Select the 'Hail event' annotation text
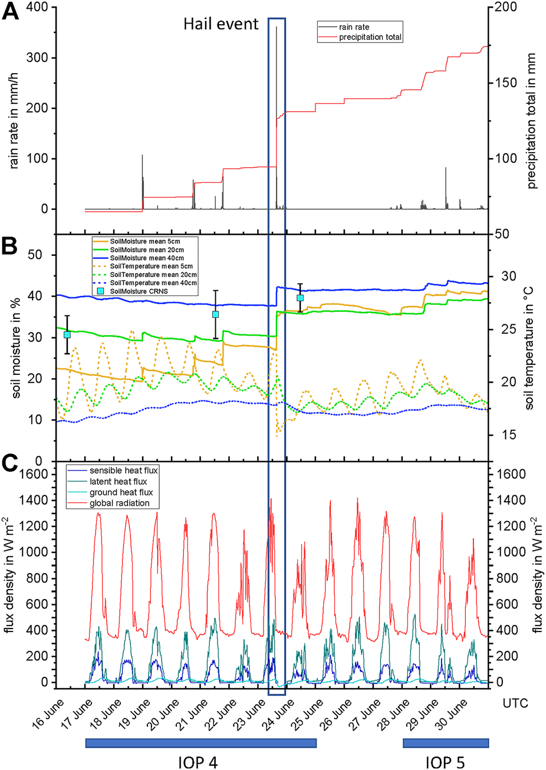(x=221, y=24)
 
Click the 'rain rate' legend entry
(x=354, y=27)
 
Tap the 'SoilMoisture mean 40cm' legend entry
(x=146, y=258)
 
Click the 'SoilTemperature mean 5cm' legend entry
(x=151, y=266)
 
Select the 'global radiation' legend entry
(x=119, y=503)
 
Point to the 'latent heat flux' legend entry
(x=118, y=482)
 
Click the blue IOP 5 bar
(x=446, y=743)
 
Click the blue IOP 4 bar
(x=200, y=743)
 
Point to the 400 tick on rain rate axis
(x=37, y=7)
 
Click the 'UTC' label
(x=515, y=703)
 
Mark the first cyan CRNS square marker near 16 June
(x=67, y=334)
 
